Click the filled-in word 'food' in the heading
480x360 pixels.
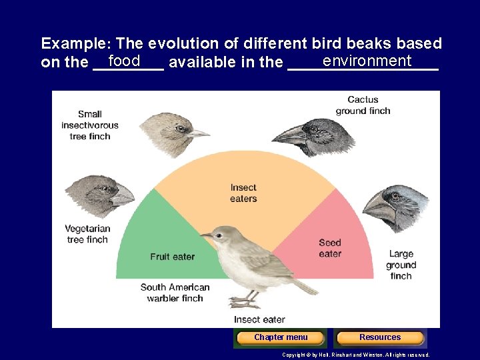click(x=124, y=61)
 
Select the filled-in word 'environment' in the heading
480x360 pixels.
click(x=367, y=61)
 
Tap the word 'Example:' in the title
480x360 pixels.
click(x=76, y=44)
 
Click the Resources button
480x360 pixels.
click(x=380, y=337)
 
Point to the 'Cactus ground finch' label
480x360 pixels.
click(x=363, y=105)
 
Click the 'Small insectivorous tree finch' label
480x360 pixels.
click(x=90, y=125)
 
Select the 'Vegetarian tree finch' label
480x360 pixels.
click(x=87, y=234)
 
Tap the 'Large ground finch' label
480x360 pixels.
click(x=401, y=265)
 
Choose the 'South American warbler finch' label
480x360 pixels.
click(x=175, y=293)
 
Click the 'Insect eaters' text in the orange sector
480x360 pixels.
click(x=243, y=193)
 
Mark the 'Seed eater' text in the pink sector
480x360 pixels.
click(x=330, y=248)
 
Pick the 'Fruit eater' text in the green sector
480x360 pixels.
click(x=173, y=257)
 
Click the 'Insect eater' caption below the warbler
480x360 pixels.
click(x=259, y=320)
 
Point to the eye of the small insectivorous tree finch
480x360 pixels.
click(x=180, y=128)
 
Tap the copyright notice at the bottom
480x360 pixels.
click(x=356, y=355)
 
